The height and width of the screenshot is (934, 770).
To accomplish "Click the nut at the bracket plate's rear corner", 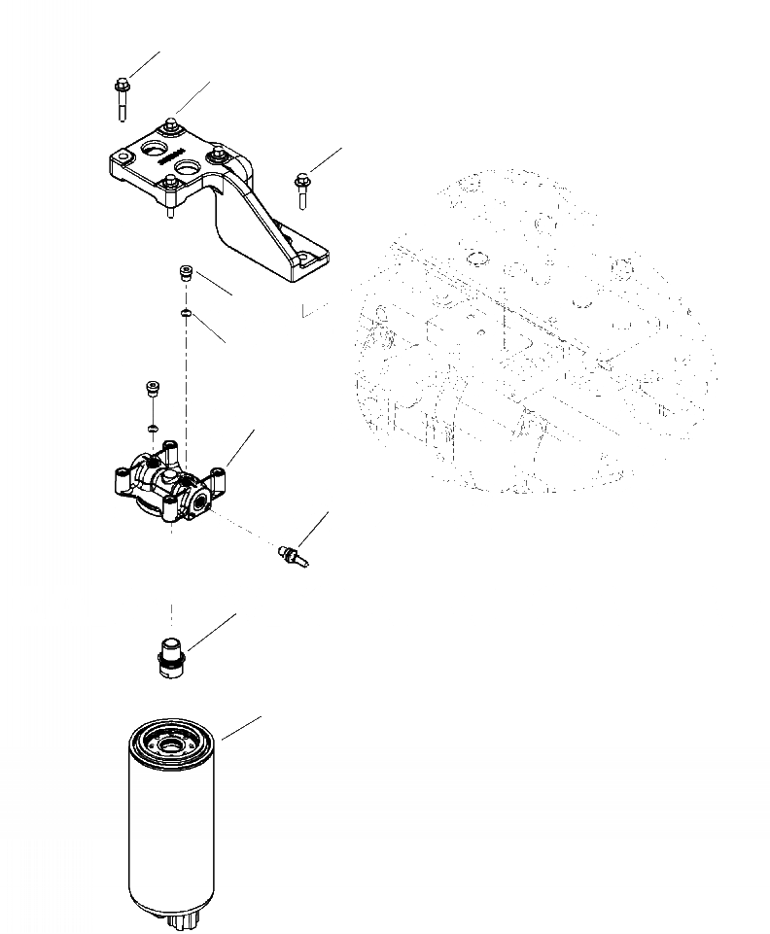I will [x=171, y=123].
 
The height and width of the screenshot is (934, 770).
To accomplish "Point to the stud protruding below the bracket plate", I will [x=171, y=206].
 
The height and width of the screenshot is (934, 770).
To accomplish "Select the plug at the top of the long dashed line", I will [x=185, y=275].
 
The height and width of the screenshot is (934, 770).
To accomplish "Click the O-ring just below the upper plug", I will [x=185, y=312].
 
